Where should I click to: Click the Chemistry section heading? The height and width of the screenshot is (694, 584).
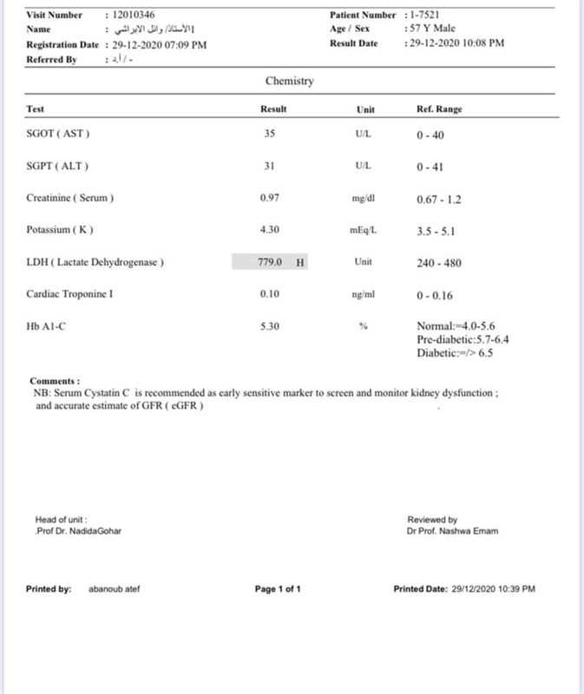290,82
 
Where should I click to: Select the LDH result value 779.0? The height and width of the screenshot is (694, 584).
271,262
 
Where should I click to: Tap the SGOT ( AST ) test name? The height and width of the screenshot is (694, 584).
58,134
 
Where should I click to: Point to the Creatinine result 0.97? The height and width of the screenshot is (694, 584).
270,198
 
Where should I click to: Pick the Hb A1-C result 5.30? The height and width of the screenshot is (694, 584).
270,325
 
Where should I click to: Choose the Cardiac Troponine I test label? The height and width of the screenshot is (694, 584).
70,294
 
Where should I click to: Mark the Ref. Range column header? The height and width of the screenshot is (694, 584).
439,109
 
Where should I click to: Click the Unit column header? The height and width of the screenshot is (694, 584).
365,109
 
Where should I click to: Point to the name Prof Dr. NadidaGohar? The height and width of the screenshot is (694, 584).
78,531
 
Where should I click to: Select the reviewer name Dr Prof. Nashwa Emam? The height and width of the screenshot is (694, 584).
453,531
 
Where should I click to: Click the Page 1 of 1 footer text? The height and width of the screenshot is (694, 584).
278,590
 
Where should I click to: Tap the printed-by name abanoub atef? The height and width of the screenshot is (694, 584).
114,590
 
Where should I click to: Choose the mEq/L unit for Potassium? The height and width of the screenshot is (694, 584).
364,231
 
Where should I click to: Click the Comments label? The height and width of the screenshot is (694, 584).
55,381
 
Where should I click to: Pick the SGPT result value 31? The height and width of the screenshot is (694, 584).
269,166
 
